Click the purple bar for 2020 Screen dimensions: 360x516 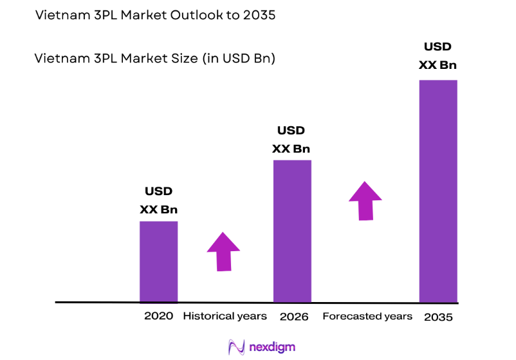[x=158, y=261]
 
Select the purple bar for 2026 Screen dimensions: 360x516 [x=292, y=231]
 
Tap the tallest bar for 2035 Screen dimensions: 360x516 [x=438, y=191]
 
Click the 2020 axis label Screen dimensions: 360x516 [x=158, y=316]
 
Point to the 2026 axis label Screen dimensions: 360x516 [x=294, y=317]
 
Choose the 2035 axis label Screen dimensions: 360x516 [x=438, y=317]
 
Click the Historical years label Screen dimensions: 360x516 [x=225, y=316]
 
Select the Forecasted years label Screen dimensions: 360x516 [x=367, y=316]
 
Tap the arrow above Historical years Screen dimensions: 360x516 [x=223, y=251]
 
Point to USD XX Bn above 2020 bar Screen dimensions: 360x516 [x=158, y=200]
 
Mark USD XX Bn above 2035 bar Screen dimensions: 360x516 [x=438, y=56]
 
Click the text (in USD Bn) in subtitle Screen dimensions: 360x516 [x=239, y=59]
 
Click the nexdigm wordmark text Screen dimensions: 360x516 [x=272, y=346]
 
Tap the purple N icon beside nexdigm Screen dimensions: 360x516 [x=236, y=346]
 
